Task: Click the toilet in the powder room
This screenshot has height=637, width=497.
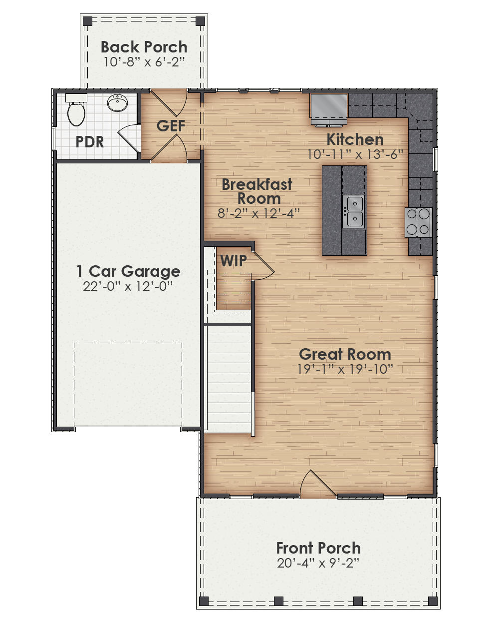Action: (76, 112)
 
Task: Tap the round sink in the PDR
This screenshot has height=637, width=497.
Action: (117, 103)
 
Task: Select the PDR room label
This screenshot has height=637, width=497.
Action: (90, 142)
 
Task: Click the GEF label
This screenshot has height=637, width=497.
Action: (171, 126)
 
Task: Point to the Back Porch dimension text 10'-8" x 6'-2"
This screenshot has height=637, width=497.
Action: (144, 62)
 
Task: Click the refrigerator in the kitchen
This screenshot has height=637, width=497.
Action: (328, 106)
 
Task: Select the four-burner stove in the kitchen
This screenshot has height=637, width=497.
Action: (418, 222)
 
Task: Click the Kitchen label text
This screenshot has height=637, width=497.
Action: (355, 139)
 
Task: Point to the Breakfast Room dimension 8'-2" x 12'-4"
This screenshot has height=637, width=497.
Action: (258, 213)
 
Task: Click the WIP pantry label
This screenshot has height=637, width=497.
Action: (234, 261)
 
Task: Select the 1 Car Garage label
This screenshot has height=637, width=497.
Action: (128, 271)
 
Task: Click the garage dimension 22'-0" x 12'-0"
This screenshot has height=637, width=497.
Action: (128, 286)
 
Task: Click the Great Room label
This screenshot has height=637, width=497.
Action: (345, 354)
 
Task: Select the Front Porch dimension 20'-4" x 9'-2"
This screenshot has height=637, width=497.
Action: (318, 563)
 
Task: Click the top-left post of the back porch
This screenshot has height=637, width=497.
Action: (87, 21)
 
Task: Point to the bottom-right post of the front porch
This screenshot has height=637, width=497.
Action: (433, 601)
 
